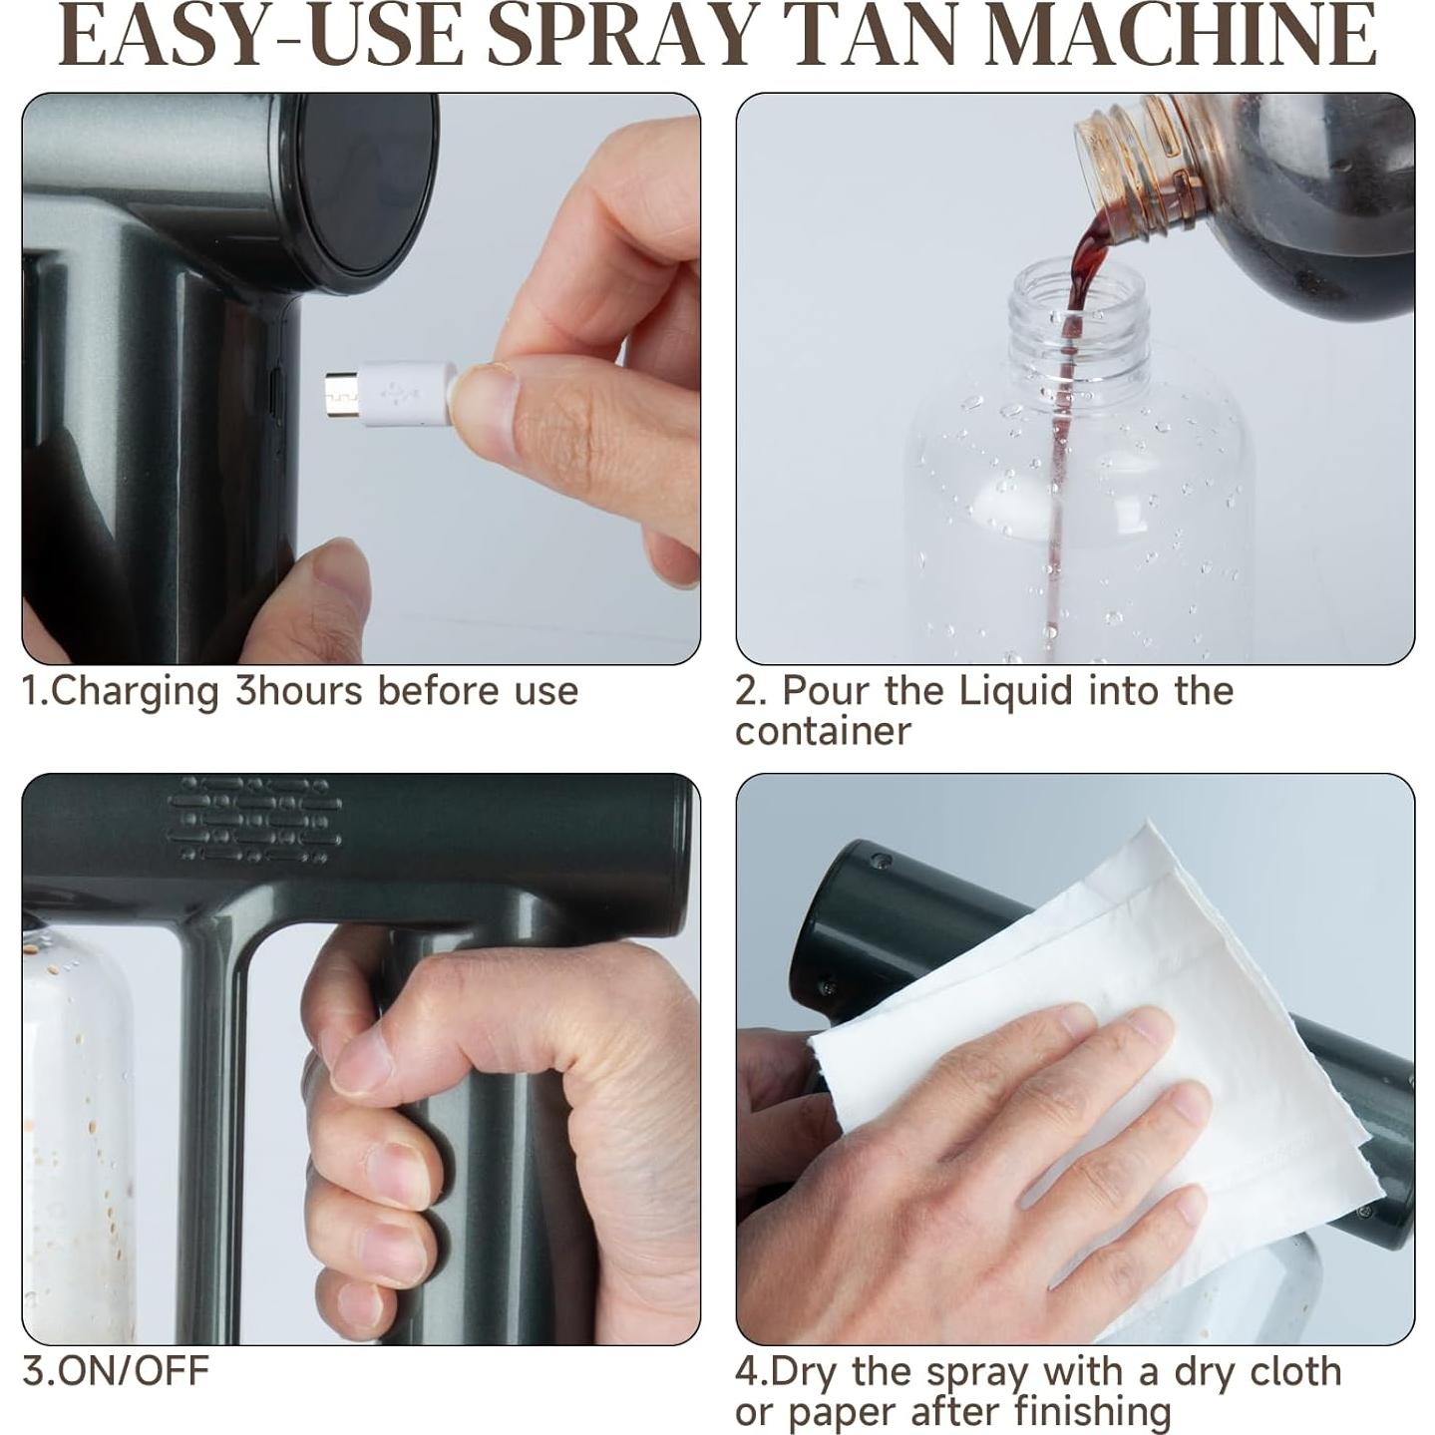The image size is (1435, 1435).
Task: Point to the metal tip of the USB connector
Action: tap(341, 394)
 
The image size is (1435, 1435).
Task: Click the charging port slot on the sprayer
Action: tap(275, 394)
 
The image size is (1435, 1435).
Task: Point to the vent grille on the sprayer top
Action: tap(254, 819)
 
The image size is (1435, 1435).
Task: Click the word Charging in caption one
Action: tap(135, 692)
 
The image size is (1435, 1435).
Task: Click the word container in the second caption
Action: tap(823, 731)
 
